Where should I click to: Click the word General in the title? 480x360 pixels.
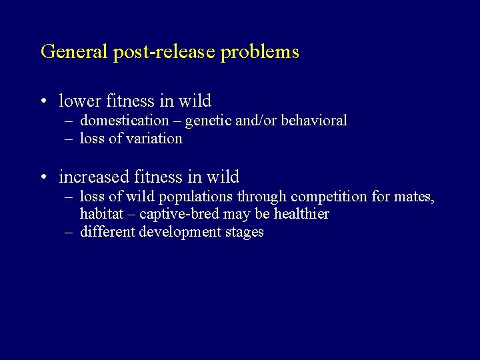[69, 52]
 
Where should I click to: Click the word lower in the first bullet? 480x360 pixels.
[77, 101]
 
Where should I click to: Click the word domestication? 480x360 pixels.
[125, 121]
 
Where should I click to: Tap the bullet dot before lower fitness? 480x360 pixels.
[43, 101]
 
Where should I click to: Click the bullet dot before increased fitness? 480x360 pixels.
[43, 178]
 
